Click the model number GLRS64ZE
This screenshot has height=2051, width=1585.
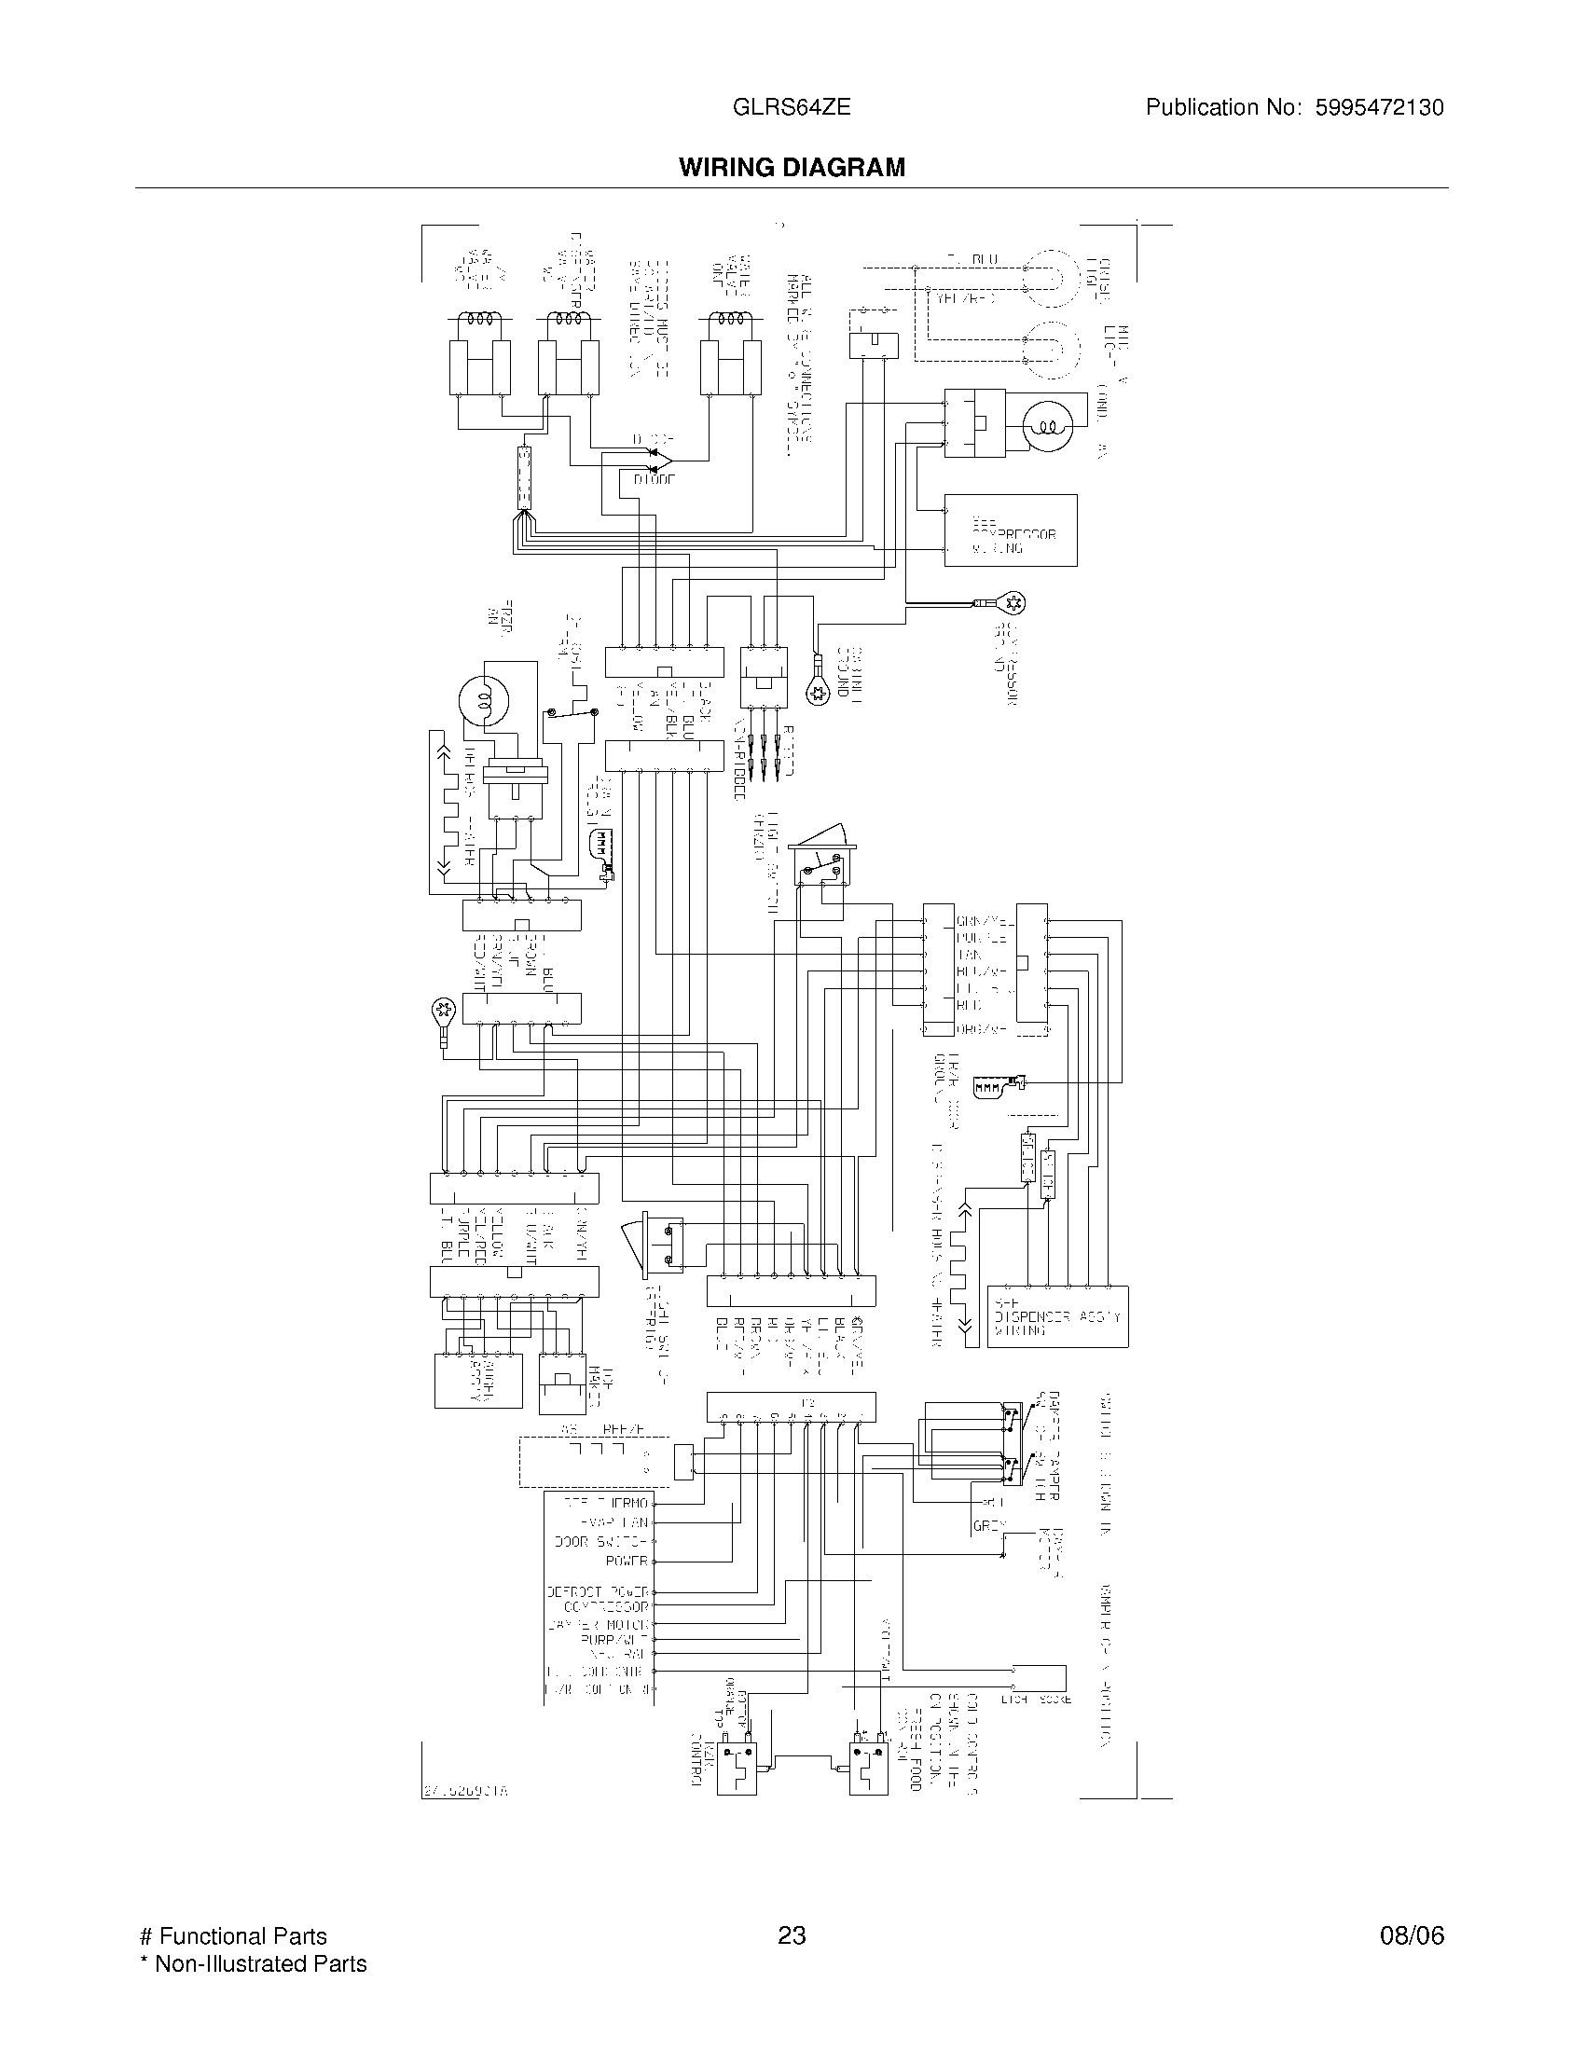tap(792, 107)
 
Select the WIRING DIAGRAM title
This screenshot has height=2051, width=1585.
tap(792, 167)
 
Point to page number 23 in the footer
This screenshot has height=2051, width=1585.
tap(792, 1936)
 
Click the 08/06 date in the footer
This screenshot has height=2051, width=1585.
tap(1412, 1936)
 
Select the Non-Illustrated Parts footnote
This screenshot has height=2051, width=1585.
tap(254, 1963)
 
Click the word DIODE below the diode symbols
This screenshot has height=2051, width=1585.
tap(654, 480)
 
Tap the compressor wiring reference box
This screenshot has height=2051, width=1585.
tap(1010, 530)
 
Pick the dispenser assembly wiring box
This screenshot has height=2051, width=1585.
tap(1057, 1316)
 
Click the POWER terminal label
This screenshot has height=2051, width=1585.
tap(627, 1561)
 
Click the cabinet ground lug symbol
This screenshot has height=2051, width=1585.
tap(818, 693)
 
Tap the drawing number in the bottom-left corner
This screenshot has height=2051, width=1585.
tap(465, 1791)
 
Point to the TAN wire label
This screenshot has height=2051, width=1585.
tap(968, 954)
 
